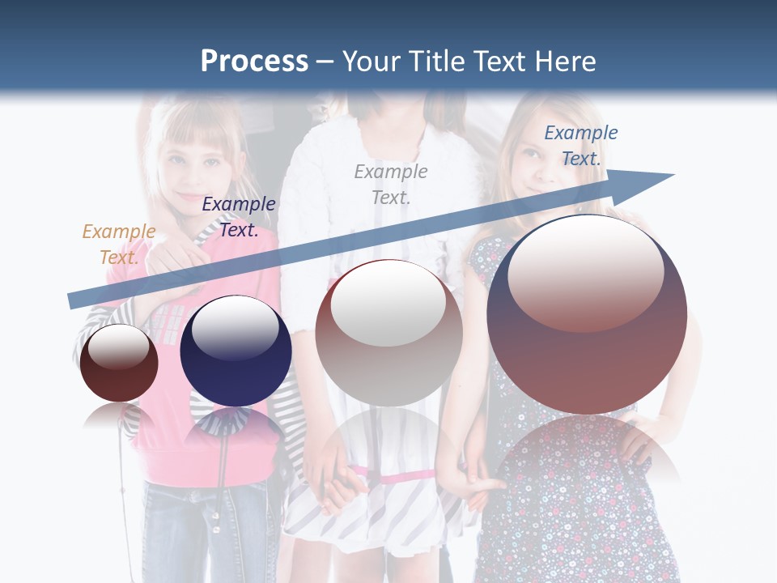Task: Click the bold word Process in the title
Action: click(x=254, y=62)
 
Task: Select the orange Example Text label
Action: click(x=118, y=244)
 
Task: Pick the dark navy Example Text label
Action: click(x=239, y=216)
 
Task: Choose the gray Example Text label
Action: click(x=391, y=184)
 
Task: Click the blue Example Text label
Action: click(x=580, y=145)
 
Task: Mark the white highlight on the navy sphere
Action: click(x=235, y=327)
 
